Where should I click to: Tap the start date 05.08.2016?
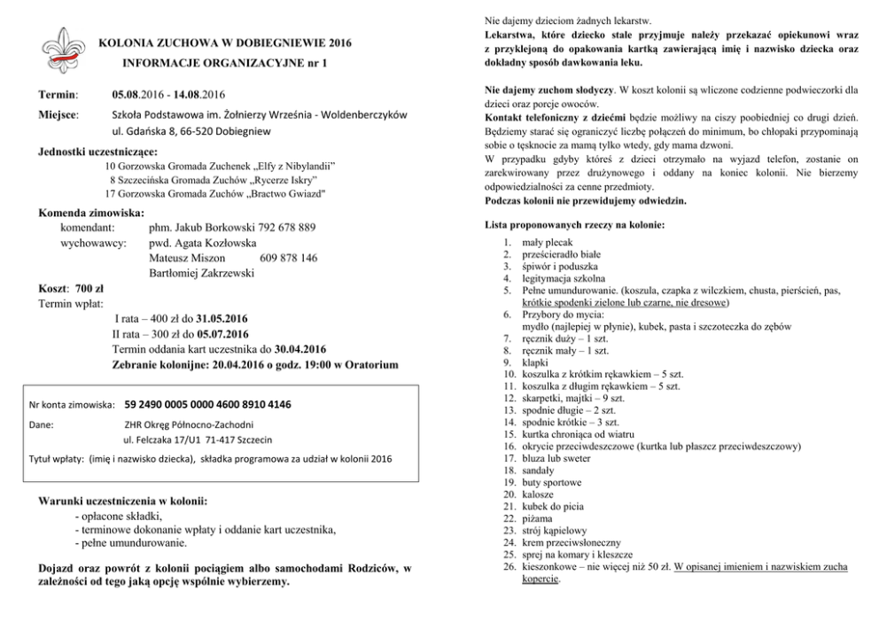[140, 93]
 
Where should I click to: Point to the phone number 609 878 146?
[288, 258]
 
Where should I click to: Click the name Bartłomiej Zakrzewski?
[201, 273]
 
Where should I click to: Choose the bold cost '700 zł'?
[89, 289]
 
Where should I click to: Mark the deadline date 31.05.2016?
[222, 319]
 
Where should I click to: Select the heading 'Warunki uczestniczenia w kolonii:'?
[122, 501]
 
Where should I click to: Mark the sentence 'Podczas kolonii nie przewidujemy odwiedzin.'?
[586, 200]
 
